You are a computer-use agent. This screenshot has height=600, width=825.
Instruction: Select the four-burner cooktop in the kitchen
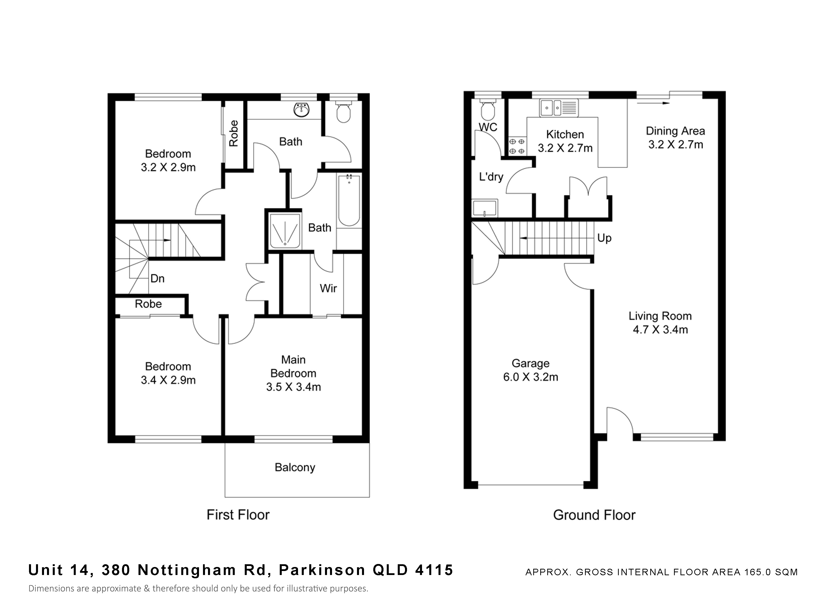[x=517, y=146]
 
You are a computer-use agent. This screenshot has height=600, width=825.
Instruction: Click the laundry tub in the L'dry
[x=484, y=208]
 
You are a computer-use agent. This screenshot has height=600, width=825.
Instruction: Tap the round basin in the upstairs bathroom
[x=301, y=110]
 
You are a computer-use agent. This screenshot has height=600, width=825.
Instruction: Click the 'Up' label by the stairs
[x=604, y=238]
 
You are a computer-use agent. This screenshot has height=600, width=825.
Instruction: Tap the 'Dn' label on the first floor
[x=157, y=279]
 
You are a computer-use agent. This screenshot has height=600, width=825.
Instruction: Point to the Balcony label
[x=295, y=467]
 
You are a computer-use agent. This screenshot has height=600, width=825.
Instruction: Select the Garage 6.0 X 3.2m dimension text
[x=531, y=377]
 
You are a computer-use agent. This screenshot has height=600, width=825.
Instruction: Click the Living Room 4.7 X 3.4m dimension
[x=660, y=330]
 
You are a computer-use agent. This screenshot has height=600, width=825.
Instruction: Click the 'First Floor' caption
[x=238, y=515]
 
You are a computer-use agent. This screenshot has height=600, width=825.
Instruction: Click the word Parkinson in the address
[x=322, y=570]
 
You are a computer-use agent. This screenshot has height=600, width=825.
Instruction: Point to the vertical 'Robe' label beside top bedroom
[x=233, y=133]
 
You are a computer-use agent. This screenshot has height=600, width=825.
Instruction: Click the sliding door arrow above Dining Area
[x=653, y=103]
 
